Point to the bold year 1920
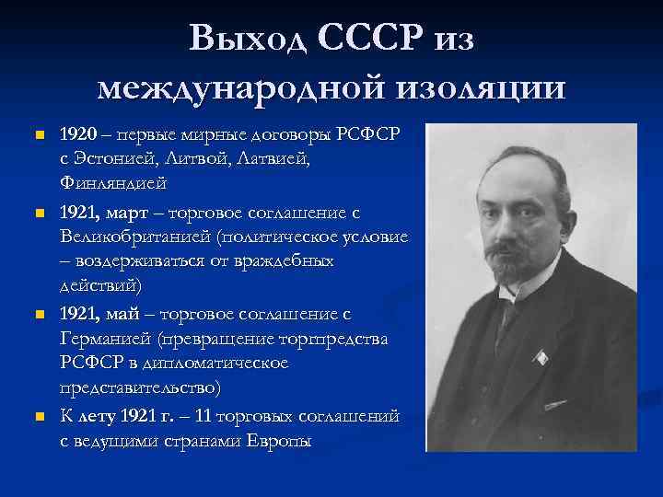coord(79,134)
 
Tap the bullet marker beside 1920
coord(38,136)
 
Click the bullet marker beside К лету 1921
coord(38,418)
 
